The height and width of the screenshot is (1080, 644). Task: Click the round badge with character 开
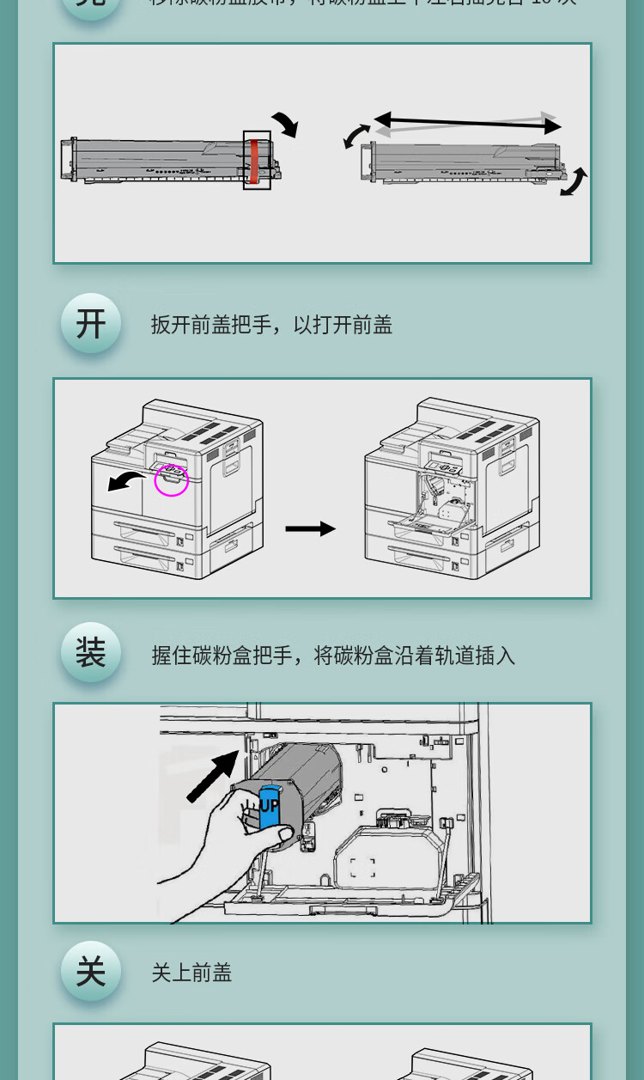[90, 324]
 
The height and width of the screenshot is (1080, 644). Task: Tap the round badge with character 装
[90, 653]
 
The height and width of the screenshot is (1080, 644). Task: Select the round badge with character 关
[90, 972]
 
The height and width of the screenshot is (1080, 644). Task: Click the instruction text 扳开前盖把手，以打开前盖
[271, 325]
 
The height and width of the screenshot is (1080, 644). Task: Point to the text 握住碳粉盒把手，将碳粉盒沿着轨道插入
[333, 656]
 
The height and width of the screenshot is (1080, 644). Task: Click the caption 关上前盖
[191, 973]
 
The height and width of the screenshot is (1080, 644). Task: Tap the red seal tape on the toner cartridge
[255, 160]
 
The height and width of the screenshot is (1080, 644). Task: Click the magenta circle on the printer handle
[171, 480]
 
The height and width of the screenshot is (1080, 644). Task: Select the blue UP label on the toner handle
[269, 806]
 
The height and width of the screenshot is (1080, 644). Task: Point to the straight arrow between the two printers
[310, 529]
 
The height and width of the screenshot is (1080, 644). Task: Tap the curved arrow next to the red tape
[285, 124]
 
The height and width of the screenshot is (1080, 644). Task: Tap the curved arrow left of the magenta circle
[126, 480]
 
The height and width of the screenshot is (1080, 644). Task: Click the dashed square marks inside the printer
[362, 867]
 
